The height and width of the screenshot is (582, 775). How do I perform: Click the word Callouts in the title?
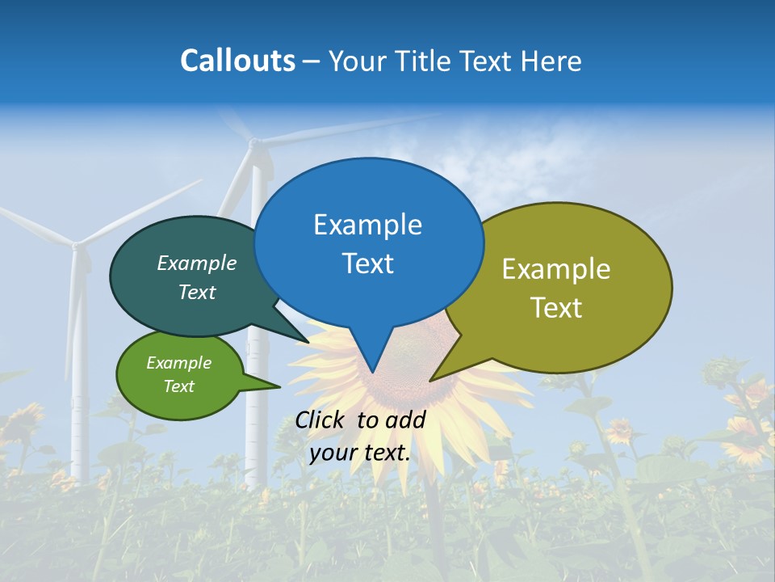click(237, 61)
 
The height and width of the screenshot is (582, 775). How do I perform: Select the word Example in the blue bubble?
click(367, 225)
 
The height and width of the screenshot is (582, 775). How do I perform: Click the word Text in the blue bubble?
click(367, 264)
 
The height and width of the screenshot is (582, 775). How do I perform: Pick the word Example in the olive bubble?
click(555, 269)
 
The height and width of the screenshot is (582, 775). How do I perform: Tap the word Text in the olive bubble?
click(555, 308)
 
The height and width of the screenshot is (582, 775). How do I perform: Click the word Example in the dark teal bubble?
click(196, 263)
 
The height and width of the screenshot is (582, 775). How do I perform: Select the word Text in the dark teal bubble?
click(196, 292)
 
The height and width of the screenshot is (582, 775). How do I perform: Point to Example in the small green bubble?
click(178, 363)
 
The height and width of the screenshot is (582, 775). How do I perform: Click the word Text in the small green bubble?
click(178, 386)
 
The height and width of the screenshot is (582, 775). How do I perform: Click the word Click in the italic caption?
click(322, 420)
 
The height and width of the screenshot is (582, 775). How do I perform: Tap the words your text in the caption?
click(359, 453)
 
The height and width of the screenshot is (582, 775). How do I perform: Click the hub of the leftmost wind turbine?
click(76, 243)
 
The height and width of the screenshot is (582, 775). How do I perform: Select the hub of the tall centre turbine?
click(253, 143)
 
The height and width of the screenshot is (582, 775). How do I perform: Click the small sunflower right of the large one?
click(620, 430)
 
